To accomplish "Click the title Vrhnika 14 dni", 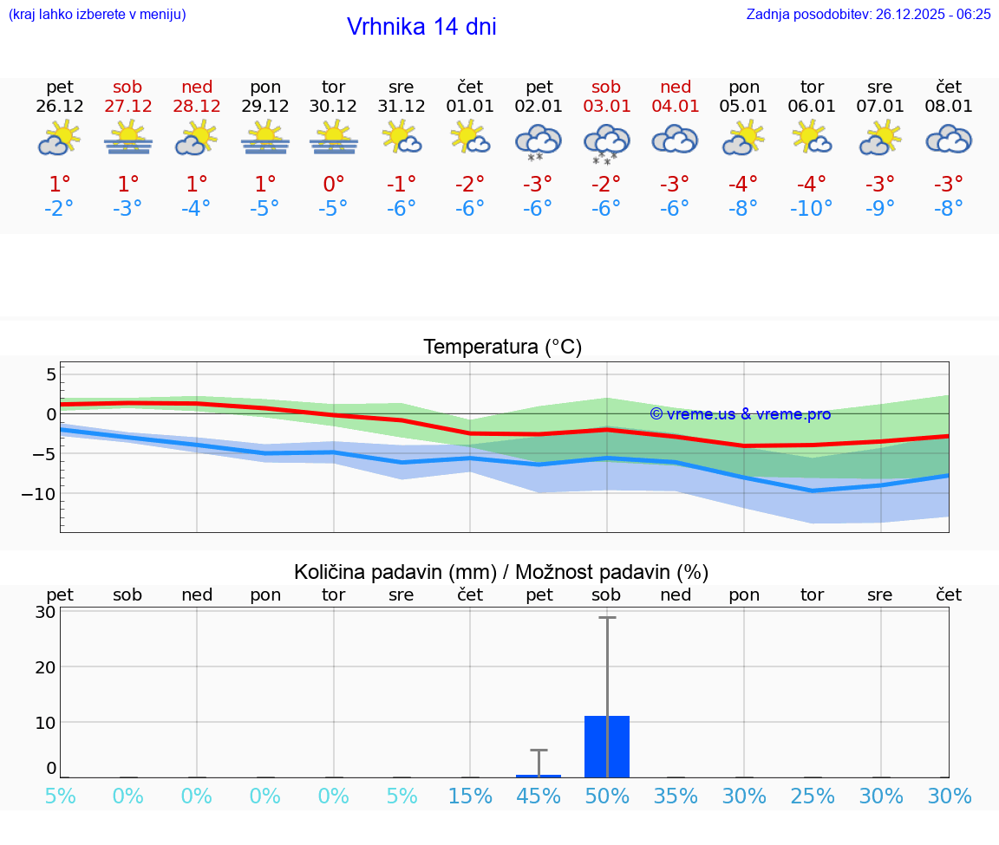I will click(x=421, y=27).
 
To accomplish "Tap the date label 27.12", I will click(x=127, y=106).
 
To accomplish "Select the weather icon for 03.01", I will click(x=606, y=143).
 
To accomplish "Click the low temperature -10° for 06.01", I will click(x=812, y=209).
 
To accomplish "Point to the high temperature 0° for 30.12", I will click(x=334, y=184).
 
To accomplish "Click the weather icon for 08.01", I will click(x=949, y=139).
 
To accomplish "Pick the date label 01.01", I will click(x=469, y=106).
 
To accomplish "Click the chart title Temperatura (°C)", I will click(x=502, y=348).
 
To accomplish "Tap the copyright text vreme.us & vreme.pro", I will click(x=740, y=414).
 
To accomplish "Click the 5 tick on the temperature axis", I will click(x=51, y=374).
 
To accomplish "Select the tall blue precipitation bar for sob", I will click(x=606, y=746).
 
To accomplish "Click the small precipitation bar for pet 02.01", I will click(x=539, y=776).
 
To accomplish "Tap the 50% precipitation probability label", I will click(x=606, y=796).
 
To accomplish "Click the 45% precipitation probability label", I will click(x=539, y=796).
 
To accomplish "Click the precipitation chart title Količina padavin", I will click(x=501, y=572).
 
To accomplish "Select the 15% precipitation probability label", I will click(x=470, y=796).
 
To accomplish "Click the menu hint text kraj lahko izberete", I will click(x=97, y=14).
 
